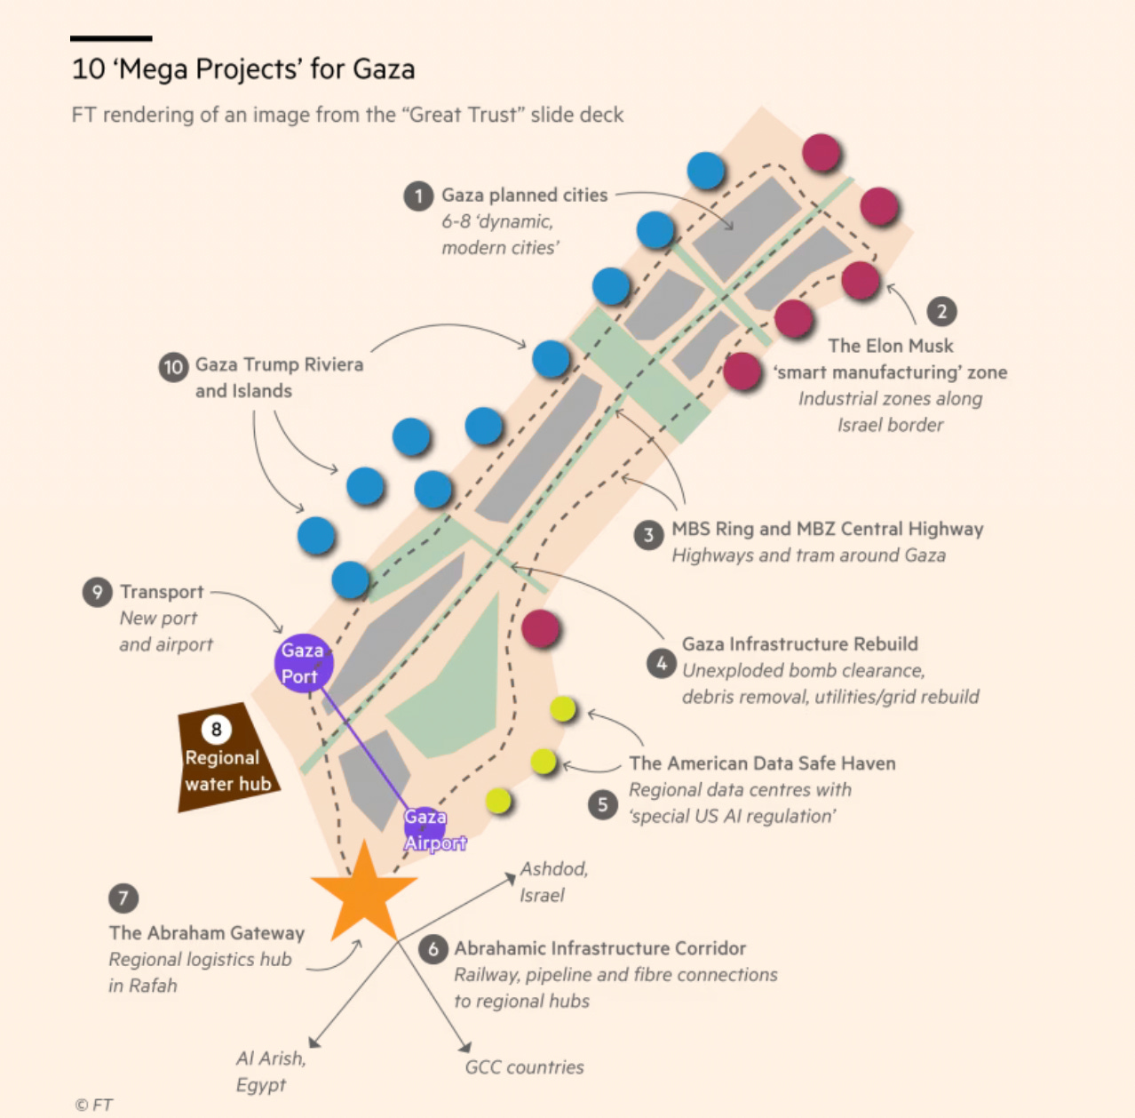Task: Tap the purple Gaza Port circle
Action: (304, 663)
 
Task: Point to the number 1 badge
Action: (418, 196)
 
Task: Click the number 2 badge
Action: (942, 312)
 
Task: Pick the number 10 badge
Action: (173, 366)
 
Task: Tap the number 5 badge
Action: (603, 804)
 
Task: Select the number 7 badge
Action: (123, 898)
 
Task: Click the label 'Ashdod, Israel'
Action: (553, 882)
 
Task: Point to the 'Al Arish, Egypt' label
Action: (270, 1071)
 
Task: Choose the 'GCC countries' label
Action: (524, 1067)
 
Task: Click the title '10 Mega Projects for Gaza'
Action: (243, 69)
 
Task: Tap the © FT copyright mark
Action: (93, 1105)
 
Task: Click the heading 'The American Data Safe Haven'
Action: (762, 763)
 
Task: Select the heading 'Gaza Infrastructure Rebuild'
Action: (799, 644)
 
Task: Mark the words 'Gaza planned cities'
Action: (524, 196)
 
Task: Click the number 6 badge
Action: (433, 948)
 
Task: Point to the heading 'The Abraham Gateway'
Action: (207, 933)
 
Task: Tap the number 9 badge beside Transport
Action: (97, 592)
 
